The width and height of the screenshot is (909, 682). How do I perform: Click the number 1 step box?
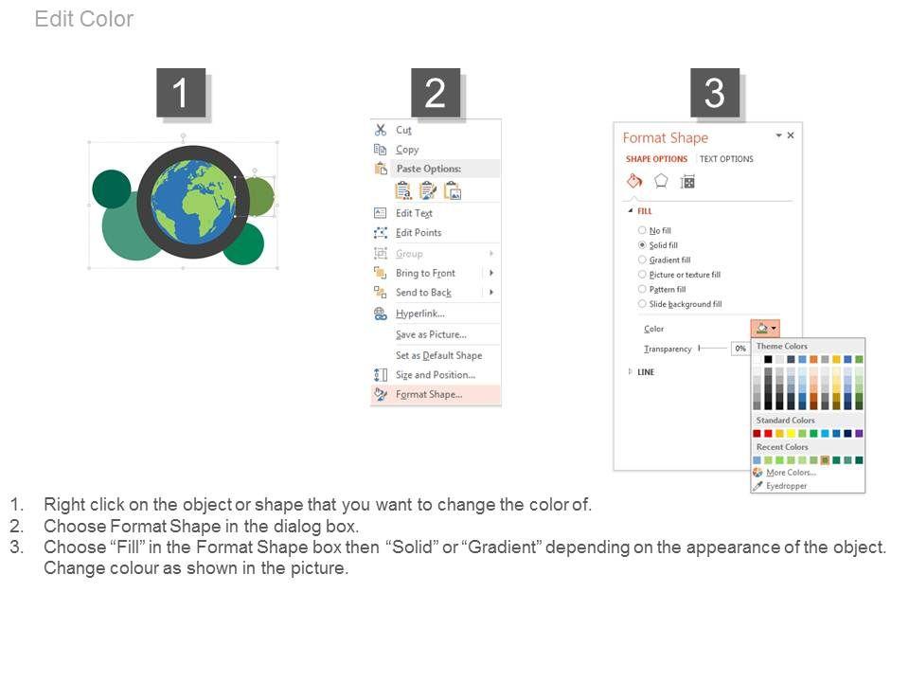tap(181, 93)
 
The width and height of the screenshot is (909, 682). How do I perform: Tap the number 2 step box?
tap(436, 93)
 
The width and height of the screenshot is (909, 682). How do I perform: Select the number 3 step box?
tap(715, 93)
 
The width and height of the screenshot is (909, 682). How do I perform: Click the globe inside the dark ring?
tap(193, 202)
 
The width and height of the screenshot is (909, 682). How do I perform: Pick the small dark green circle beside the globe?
tap(112, 189)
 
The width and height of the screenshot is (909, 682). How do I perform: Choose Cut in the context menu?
tap(403, 130)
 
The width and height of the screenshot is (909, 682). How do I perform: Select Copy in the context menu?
tap(407, 150)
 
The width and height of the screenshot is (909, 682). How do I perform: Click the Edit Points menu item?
tap(419, 233)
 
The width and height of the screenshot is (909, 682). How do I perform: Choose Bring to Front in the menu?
tap(425, 273)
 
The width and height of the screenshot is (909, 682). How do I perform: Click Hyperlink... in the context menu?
tap(420, 314)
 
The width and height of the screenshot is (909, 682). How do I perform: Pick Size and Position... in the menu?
tap(436, 375)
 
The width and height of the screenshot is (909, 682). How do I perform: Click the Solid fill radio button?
tap(642, 245)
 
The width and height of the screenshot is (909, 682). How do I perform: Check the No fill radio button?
tap(642, 230)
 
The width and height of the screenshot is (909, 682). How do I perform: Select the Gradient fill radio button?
tap(642, 260)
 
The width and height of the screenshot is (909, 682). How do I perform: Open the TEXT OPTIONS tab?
tap(726, 159)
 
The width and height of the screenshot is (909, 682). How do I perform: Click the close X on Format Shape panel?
tap(790, 135)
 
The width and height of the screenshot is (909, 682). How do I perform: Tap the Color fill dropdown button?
tap(765, 329)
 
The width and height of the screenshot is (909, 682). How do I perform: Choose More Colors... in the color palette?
tap(791, 473)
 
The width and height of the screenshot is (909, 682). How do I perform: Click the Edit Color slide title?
tap(84, 19)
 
